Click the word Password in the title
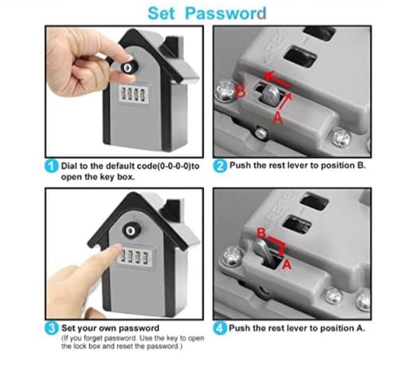tap(225, 14)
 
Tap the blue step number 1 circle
tap(51, 167)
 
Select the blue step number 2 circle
tap(220, 166)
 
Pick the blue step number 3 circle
tap(51, 329)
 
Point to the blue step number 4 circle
tap(220, 329)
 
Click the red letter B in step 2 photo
tap(240, 91)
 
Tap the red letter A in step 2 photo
tap(278, 118)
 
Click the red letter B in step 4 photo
tap(261, 233)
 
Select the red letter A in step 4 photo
tap(287, 265)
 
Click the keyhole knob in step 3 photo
tap(131, 230)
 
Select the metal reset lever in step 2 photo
tap(270, 95)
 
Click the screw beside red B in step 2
tap(225, 91)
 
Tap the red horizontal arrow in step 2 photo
tap(277, 80)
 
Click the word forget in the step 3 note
tap(92, 339)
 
